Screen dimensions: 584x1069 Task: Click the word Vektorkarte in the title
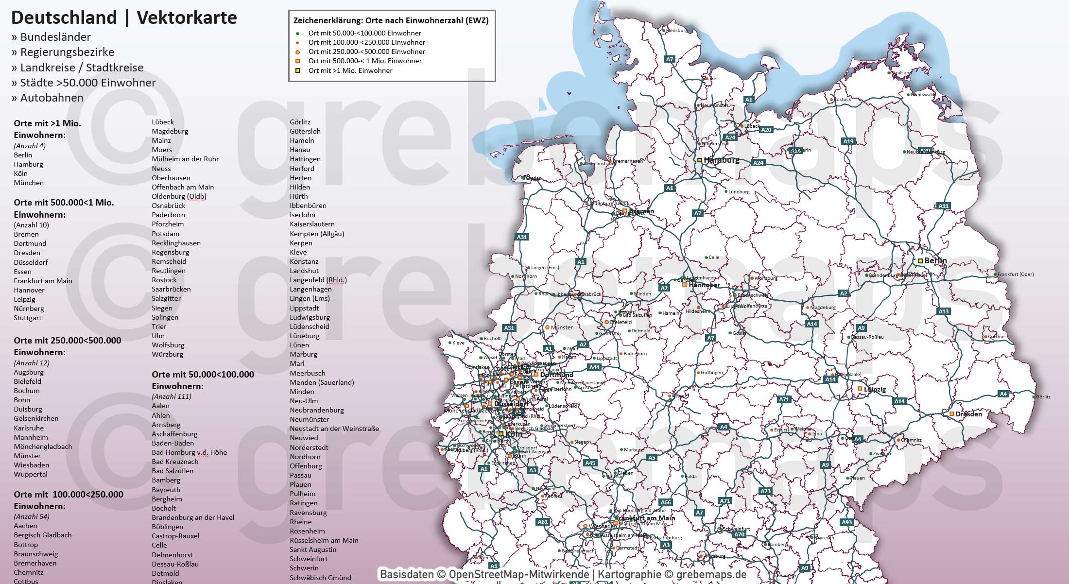pyautogui.click(x=187, y=18)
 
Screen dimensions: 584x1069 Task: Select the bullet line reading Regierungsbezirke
pyautogui.click(x=67, y=52)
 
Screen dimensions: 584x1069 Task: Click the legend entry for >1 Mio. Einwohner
pyautogui.click(x=350, y=70)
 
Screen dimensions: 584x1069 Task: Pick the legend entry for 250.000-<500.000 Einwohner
pyautogui.click(x=366, y=52)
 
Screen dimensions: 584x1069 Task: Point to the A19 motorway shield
pyautogui.click(x=848, y=141)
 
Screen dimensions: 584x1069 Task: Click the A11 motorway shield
pyautogui.click(x=943, y=206)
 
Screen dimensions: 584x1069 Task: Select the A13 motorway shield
pyautogui.click(x=943, y=311)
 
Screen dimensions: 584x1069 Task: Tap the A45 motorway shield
pyautogui.click(x=590, y=463)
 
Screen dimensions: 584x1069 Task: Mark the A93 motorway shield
pyautogui.click(x=846, y=522)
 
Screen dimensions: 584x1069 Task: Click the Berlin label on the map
pyautogui.click(x=935, y=261)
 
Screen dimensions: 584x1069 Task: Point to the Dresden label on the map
pyautogui.click(x=968, y=414)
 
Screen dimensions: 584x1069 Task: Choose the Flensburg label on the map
pyautogui.click(x=677, y=31)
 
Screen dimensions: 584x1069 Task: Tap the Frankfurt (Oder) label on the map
pyautogui.click(x=1016, y=275)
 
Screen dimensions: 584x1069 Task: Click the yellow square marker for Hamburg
pyautogui.click(x=700, y=160)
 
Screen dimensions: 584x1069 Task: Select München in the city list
pyautogui.click(x=29, y=183)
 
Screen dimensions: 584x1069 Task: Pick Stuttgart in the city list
pyautogui.click(x=28, y=318)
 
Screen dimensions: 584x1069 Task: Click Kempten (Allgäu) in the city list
pyautogui.click(x=317, y=234)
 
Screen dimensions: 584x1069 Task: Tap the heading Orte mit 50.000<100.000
pyautogui.click(x=203, y=375)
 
